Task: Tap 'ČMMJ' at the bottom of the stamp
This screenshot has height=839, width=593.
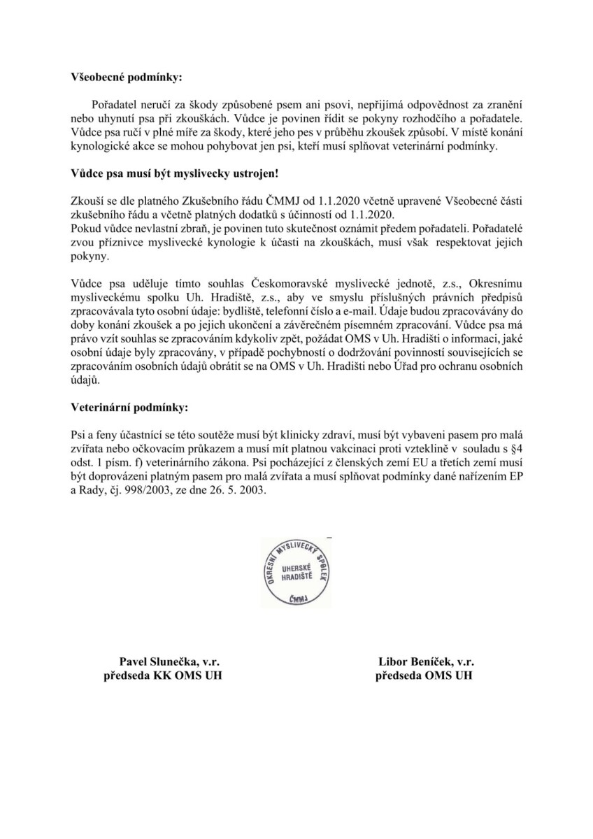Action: coord(296,599)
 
